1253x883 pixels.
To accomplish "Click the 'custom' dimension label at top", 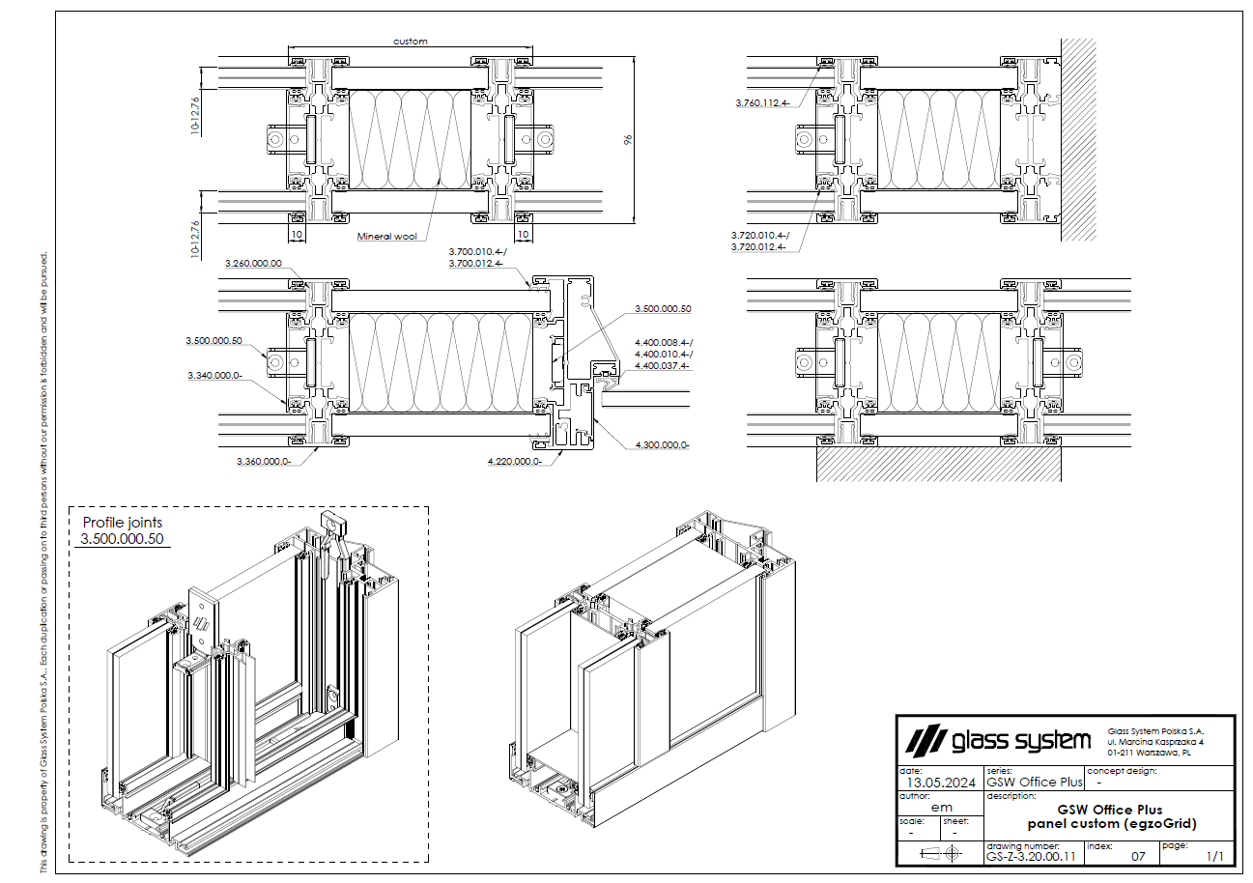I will (x=411, y=42).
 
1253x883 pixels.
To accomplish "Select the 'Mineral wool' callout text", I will (x=386, y=237).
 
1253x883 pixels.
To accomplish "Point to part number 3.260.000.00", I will (x=253, y=263).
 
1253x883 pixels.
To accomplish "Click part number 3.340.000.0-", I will (x=215, y=375).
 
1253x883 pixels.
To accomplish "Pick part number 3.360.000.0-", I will (x=264, y=462).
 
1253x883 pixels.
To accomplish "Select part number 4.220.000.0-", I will (x=515, y=462).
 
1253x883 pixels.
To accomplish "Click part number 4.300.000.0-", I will (x=662, y=445).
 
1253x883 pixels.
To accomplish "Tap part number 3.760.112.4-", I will (x=762, y=102).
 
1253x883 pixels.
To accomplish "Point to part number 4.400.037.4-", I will (x=663, y=366).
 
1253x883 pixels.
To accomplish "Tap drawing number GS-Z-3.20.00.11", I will (x=1030, y=856).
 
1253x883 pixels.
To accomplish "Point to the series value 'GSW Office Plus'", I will (x=1035, y=782).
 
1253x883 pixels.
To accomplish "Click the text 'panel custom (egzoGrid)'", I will (x=1111, y=824).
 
